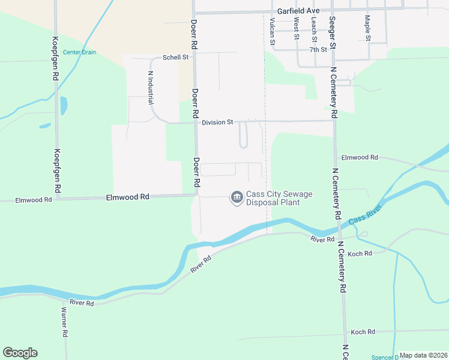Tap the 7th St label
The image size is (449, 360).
click(x=318, y=50)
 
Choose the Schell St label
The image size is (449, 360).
click(x=176, y=58)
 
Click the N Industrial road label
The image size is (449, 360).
click(x=150, y=87)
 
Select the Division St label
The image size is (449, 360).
click(x=217, y=122)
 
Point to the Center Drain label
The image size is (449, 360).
click(x=79, y=52)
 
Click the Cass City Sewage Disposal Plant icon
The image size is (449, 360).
click(x=237, y=197)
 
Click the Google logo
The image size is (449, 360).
click(x=20, y=353)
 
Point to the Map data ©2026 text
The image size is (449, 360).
click(x=423, y=355)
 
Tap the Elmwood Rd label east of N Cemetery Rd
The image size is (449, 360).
click(x=360, y=157)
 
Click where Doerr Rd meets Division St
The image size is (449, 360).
click(x=195, y=123)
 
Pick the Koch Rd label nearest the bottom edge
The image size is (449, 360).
click(x=363, y=332)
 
